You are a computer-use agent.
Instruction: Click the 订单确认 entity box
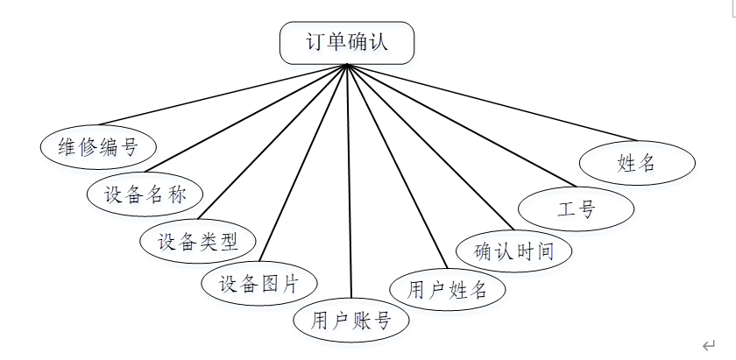(347, 43)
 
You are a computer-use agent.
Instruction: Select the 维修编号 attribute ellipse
(98, 146)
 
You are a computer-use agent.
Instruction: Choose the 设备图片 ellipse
(258, 283)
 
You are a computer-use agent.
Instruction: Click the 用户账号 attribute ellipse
(350, 320)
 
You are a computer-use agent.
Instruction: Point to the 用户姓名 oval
(447, 290)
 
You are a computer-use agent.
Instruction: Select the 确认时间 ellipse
(514, 252)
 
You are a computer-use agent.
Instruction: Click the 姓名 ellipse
(637, 163)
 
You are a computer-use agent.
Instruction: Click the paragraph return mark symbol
(707, 345)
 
